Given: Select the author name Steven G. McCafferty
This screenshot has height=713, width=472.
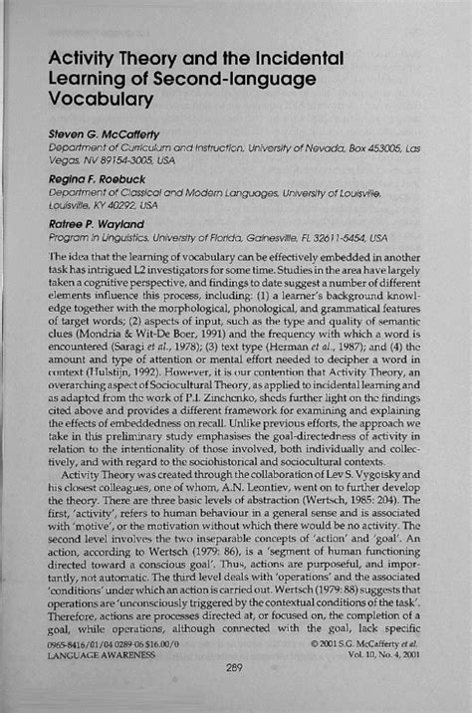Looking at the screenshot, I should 108,132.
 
